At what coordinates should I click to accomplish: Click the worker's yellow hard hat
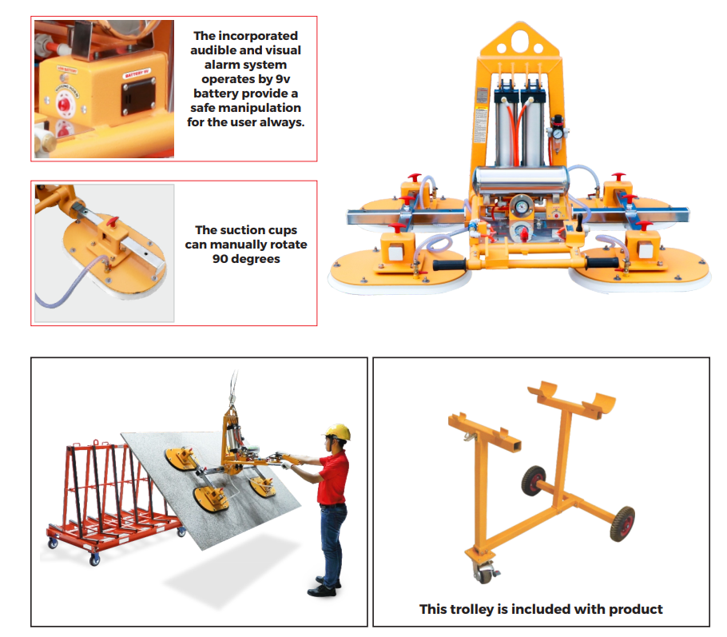[x=338, y=432]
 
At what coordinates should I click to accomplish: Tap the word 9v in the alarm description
[x=288, y=79]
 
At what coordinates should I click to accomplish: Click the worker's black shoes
[x=324, y=589]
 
